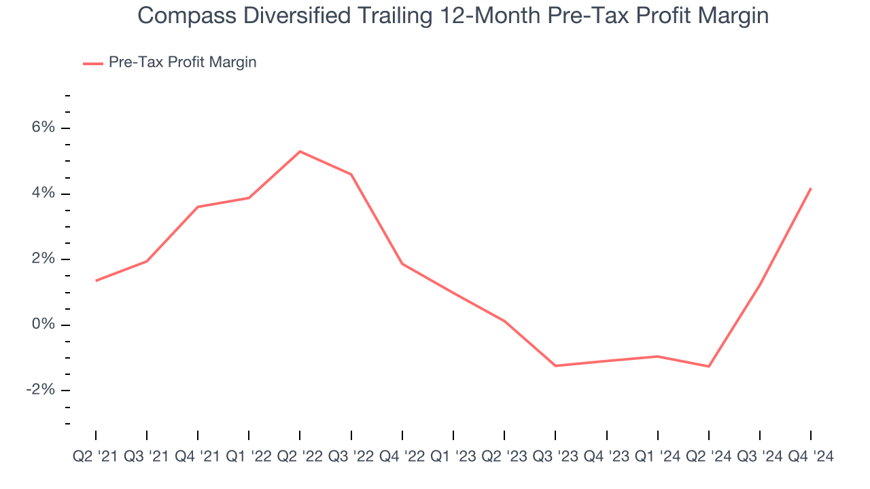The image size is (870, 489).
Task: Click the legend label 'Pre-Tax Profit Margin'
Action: pos(182,62)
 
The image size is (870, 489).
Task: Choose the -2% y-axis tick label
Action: pos(39,390)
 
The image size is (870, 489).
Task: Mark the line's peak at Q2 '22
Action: pos(300,151)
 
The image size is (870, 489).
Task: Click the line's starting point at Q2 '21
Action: pos(96,280)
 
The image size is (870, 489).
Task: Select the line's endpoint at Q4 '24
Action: pos(810,188)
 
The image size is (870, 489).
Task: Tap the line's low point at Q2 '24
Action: pos(709,367)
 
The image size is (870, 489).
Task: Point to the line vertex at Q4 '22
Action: pos(402,264)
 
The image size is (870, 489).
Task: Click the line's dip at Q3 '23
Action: pos(555,366)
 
